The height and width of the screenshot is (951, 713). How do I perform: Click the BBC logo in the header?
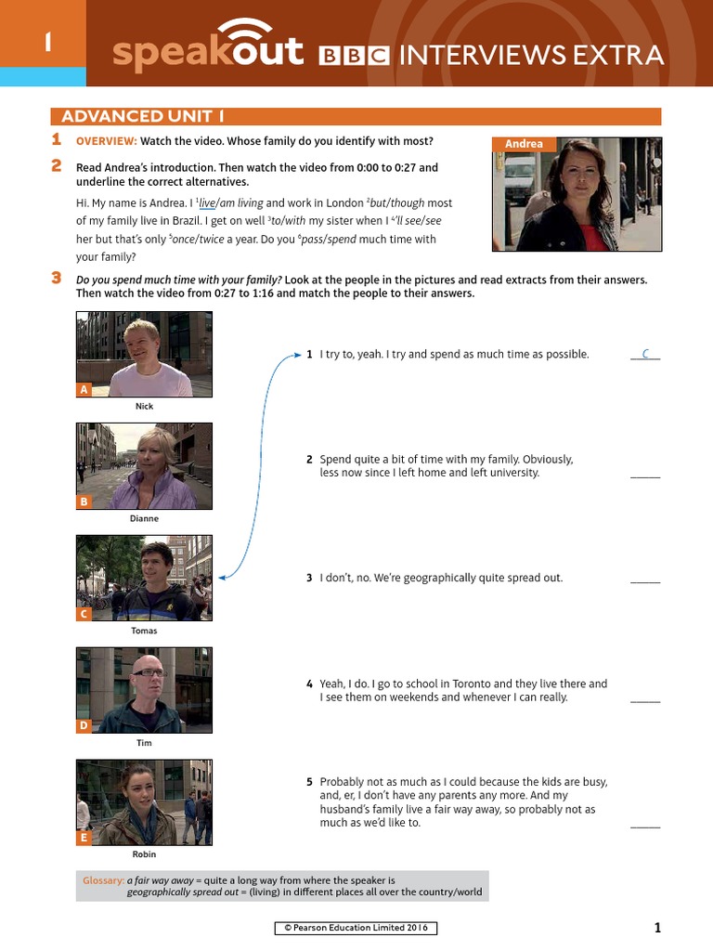click(354, 56)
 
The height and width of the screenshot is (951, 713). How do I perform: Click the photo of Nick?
click(144, 354)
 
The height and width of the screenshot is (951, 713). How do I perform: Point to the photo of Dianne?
click(144, 466)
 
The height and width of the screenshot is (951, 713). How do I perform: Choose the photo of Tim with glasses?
click(144, 690)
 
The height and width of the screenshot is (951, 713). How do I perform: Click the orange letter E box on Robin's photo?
click(84, 838)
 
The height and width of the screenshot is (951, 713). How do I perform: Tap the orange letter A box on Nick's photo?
click(84, 390)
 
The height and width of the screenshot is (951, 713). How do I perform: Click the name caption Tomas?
click(144, 632)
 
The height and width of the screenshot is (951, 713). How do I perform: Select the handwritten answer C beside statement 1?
click(645, 354)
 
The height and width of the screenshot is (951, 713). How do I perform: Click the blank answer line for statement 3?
click(645, 581)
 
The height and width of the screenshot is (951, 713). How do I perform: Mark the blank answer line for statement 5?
click(645, 826)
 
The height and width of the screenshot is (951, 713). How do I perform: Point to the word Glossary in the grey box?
click(103, 879)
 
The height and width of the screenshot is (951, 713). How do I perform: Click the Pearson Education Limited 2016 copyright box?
click(356, 928)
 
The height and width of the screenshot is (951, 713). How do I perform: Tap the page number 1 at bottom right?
click(657, 927)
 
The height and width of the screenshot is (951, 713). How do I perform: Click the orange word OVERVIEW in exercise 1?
click(106, 141)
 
